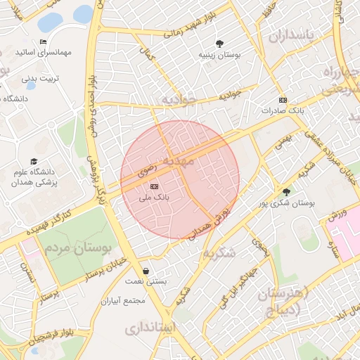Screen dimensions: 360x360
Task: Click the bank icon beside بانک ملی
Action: point(154,186)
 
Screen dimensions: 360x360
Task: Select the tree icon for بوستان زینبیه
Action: point(220,44)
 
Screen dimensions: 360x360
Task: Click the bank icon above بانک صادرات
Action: point(283,100)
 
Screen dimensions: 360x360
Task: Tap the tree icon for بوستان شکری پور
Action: point(285,191)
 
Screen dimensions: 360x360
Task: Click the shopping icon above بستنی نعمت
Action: point(146,270)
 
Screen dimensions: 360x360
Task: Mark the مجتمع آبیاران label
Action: point(122,300)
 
